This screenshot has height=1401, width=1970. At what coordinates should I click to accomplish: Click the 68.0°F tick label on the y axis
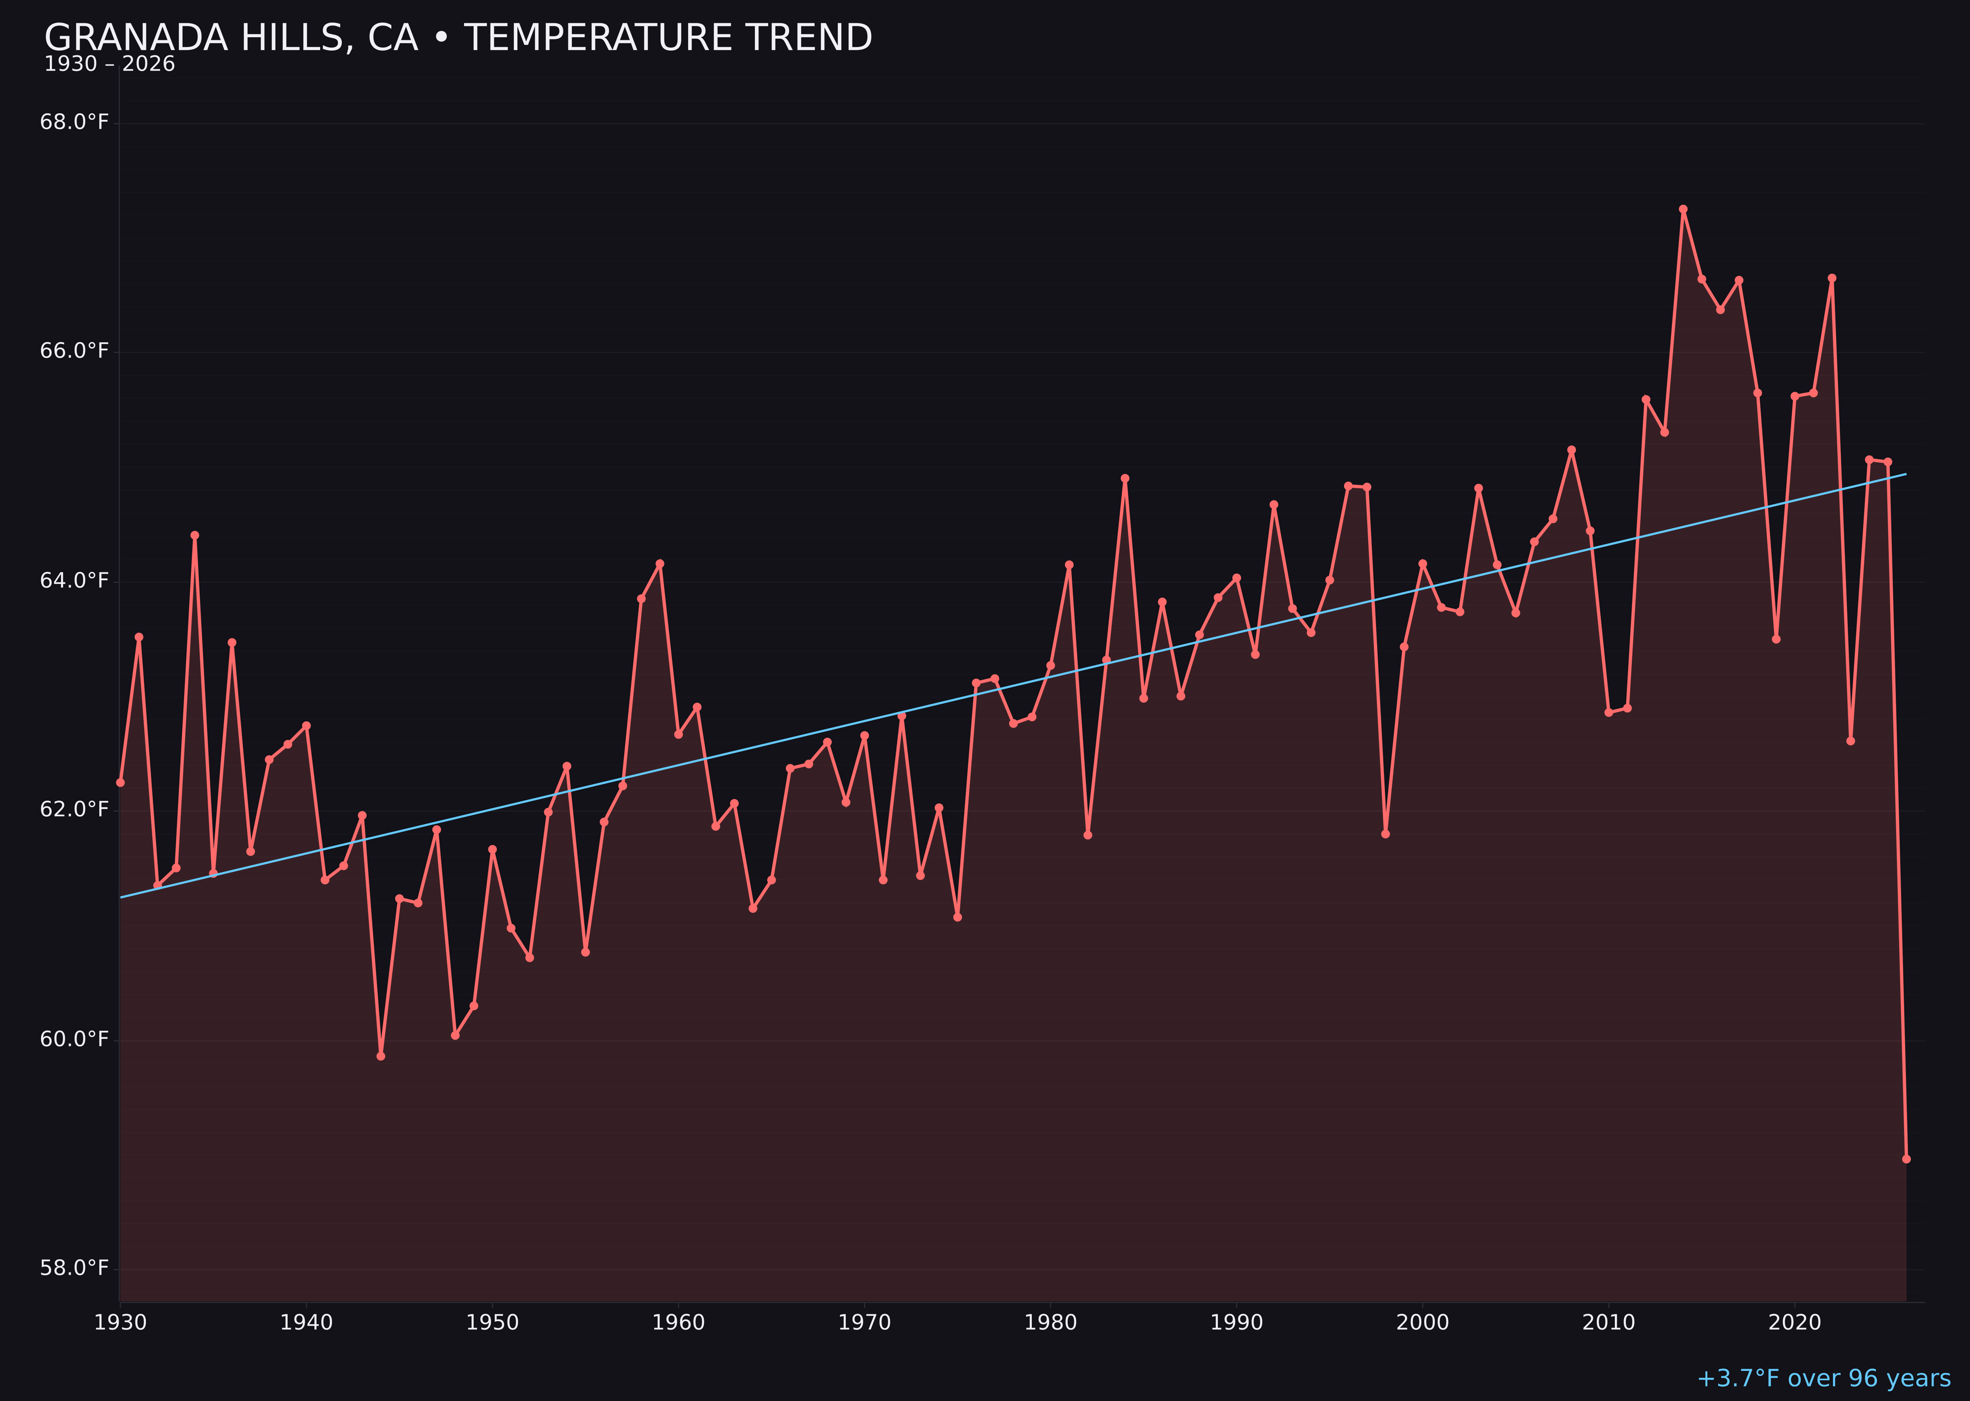point(74,123)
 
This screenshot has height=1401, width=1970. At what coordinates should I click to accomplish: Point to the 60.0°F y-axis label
point(74,1039)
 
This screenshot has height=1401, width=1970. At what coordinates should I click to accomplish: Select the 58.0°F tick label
point(74,1268)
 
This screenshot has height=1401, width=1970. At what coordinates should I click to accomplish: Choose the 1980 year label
point(1051,1323)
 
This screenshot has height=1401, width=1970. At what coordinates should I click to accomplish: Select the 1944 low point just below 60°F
point(380,1056)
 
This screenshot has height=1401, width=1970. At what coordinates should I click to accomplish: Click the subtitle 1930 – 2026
point(109,65)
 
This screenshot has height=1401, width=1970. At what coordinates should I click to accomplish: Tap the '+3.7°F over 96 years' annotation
point(1823,1378)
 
